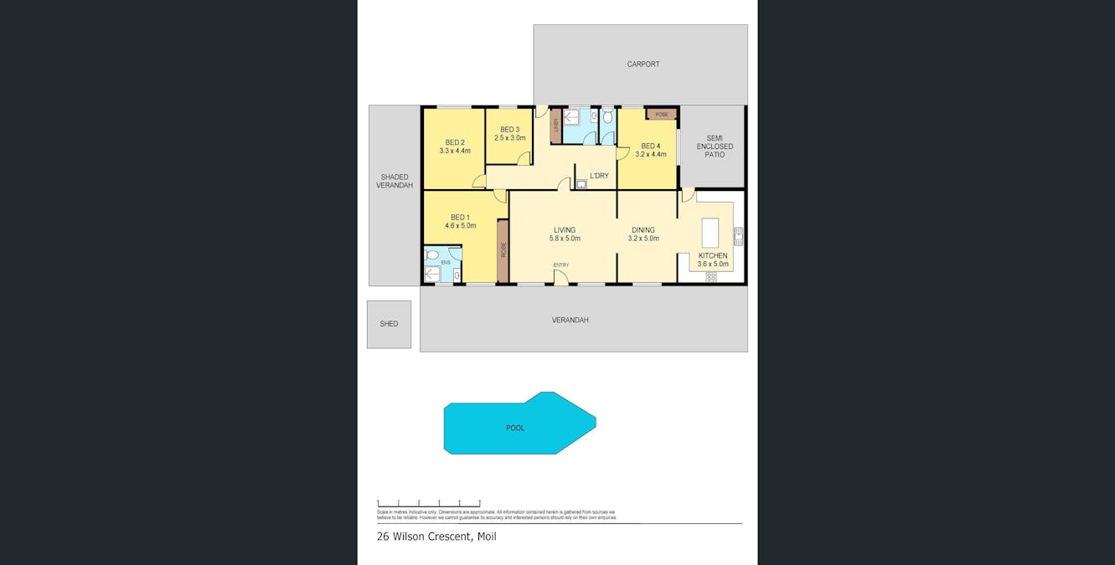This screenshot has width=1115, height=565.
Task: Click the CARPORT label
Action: (x=643, y=64)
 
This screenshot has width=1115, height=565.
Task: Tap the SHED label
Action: (x=389, y=324)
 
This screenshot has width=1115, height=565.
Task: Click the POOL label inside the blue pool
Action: (x=515, y=428)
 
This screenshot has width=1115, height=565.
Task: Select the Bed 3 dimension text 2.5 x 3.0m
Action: (x=510, y=138)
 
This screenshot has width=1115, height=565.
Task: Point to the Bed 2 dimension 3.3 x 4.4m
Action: (x=455, y=152)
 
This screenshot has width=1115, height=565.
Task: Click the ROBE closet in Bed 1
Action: (x=503, y=250)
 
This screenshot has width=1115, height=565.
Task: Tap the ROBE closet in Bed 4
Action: (x=661, y=114)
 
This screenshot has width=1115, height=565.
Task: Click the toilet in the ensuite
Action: (x=432, y=255)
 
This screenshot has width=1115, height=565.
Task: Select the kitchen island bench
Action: (x=710, y=233)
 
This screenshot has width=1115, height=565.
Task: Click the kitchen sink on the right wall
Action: (x=738, y=236)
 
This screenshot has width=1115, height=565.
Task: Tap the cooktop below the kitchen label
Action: (x=710, y=276)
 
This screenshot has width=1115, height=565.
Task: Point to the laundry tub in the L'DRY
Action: (x=581, y=184)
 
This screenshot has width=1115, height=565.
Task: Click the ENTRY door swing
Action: (x=560, y=277)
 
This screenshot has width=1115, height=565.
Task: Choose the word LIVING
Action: (x=565, y=230)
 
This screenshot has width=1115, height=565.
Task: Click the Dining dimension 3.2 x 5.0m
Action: (x=643, y=239)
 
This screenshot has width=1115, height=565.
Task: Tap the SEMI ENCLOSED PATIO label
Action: (x=714, y=146)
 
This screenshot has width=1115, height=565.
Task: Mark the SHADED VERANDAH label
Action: (x=395, y=181)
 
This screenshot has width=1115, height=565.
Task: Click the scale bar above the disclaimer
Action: (x=428, y=503)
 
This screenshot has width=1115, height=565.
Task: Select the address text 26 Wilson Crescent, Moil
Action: (x=436, y=537)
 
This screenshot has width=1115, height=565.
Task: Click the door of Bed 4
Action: (x=622, y=154)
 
